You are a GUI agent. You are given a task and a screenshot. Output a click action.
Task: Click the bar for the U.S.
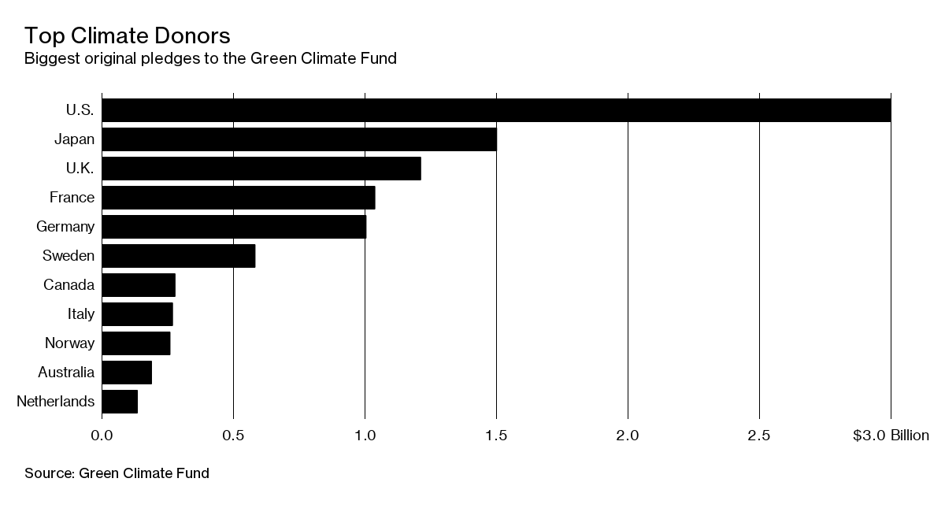496,110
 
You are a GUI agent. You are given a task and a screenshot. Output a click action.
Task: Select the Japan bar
299,139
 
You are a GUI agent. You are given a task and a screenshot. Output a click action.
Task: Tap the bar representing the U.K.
261,169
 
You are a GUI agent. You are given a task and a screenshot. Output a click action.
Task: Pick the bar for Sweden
179,256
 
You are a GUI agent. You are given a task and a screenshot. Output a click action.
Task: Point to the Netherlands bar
120,402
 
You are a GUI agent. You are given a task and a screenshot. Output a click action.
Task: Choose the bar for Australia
127,373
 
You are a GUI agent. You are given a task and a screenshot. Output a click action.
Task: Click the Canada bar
139,285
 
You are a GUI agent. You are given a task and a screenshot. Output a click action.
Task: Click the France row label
72,198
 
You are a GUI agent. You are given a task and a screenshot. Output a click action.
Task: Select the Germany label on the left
65,227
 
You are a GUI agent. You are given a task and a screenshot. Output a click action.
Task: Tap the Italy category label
81,314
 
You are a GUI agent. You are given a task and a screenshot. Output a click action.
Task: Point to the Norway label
70,343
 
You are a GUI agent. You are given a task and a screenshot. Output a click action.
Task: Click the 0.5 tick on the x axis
233,436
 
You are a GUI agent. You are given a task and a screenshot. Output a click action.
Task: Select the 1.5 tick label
496,436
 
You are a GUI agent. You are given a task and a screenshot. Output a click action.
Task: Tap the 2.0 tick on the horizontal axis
628,436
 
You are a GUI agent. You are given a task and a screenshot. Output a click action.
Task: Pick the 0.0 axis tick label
102,436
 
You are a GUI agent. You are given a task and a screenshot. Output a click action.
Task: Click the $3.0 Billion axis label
891,436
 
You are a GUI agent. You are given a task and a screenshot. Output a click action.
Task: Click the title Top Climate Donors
127,35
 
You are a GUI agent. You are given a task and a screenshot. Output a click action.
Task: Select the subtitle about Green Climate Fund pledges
210,58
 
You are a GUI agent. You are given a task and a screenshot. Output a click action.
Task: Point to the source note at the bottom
117,473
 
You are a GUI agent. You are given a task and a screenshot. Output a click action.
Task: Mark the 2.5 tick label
759,436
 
